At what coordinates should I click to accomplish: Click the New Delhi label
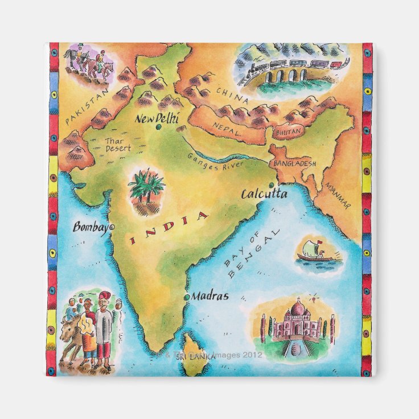(157, 119)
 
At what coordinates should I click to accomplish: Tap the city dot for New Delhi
(158, 127)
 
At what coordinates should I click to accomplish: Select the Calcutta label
(264, 194)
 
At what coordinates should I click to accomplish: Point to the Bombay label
(90, 227)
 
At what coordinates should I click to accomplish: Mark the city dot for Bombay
(112, 227)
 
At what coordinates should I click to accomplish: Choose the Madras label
(209, 296)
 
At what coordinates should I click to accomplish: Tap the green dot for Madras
(186, 297)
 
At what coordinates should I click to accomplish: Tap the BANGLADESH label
(295, 163)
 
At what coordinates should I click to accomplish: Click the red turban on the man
(104, 297)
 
